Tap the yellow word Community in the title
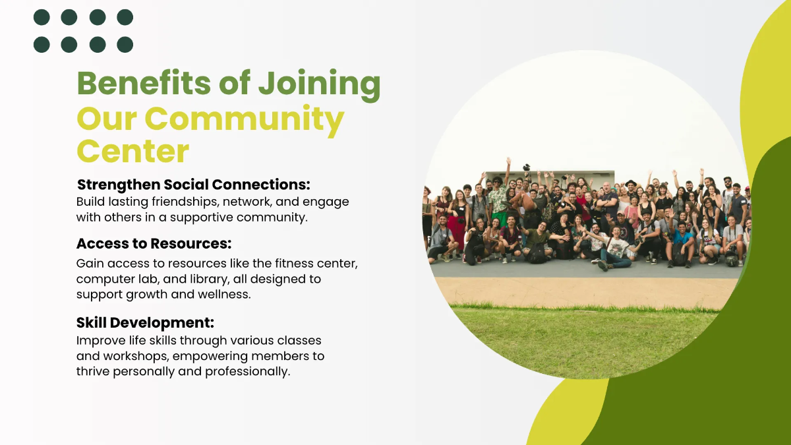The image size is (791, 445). pyautogui.click(x=245, y=119)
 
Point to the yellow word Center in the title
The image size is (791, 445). pyautogui.click(x=132, y=151)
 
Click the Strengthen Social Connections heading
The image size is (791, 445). pyautogui.click(x=193, y=184)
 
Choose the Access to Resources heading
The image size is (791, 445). pyautogui.click(x=154, y=243)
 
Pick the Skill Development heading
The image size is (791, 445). pyautogui.click(x=145, y=322)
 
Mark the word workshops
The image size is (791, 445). pyautogui.click(x=134, y=356)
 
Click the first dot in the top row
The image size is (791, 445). pyautogui.click(x=42, y=17)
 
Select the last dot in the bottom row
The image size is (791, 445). pyautogui.click(x=125, y=44)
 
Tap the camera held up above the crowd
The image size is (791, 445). pyautogui.click(x=527, y=167)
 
